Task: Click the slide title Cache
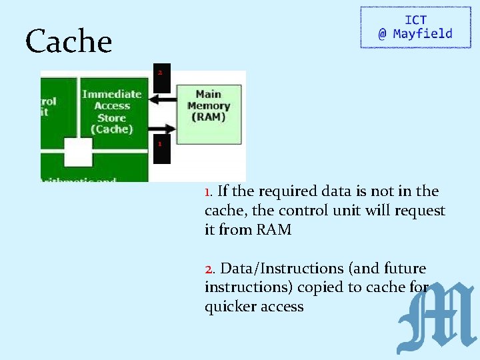tap(69, 42)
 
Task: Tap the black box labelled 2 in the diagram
tap(161, 79)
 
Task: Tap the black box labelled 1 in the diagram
tap(161, 149)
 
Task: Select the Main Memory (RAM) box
tap(209, 107)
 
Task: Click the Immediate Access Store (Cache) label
tap(112, 111)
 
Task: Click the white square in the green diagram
tap(78, 153)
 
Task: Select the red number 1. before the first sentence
tap(209, 192)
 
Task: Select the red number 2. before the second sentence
tap(210, 269)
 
